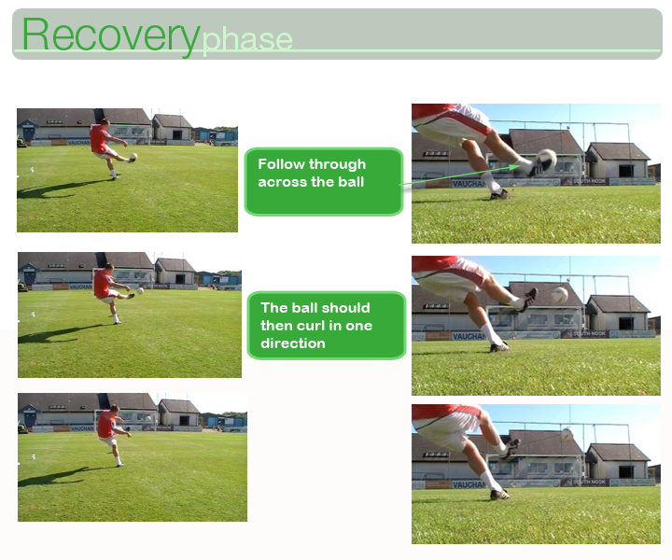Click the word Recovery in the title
[111, 36]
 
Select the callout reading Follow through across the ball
[324, 181]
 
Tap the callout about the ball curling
[327, 325]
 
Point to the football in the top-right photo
[546, 159]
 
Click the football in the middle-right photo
[559, 295]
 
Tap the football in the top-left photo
[133, 157]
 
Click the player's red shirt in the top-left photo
[99, 139]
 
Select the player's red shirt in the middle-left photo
[102, 283]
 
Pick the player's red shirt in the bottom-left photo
[105, 425]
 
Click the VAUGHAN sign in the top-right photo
[467, 184]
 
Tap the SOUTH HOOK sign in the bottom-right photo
[589, 482]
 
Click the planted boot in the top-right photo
[499, 195]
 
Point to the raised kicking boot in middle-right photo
[528, 299]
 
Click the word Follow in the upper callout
[281, 164]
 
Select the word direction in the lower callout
[293, 343]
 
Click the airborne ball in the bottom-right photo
[567, 434]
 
